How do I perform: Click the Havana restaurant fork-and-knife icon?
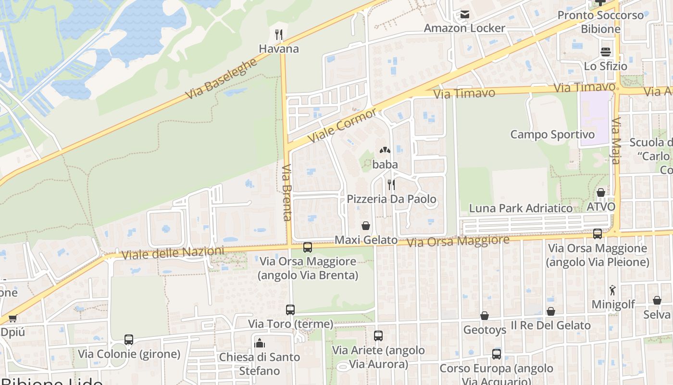coord(278,34)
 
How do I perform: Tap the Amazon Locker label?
coord(464,28)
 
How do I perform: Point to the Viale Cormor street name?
coord(342,125)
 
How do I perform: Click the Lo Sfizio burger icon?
coord(605,52)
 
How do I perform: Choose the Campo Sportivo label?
coord(552,134)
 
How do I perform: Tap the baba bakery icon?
coord(385,151)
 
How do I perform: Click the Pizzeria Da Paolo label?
coord(392,199)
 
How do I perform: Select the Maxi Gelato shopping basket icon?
coord(366,226)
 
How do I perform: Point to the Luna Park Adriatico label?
coord(521,208)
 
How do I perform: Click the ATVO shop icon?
coord(601,192)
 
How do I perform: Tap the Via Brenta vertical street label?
coord(287,192)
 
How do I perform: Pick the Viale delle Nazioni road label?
coord(173,253)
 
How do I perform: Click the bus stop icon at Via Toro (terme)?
coord(290,310)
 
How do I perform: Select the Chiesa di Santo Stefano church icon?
coord(260,343)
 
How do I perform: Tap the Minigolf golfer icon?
coord(612,290)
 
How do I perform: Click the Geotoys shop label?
coord(485,330)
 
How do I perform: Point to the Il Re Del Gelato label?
coord(551,325)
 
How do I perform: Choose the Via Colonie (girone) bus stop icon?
coord(129,340)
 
